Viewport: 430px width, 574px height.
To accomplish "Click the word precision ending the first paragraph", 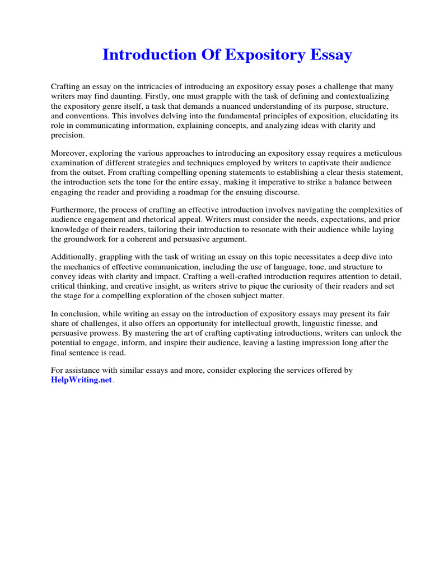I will pyautogui.click(x=68, y=135).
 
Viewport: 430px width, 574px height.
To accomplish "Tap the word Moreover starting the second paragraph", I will pyautogui.click(x=69, y=153).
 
